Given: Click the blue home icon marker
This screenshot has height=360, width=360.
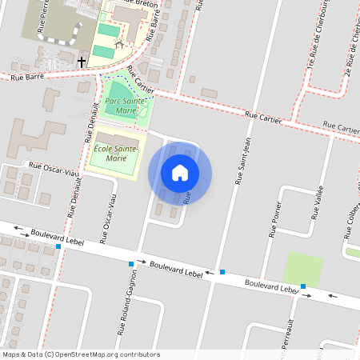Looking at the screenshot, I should click(x=180, y=173).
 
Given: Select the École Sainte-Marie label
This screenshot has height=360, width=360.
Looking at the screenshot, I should click(x=116, y=153).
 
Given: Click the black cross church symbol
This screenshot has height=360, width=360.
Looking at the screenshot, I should click(x=82, y=61).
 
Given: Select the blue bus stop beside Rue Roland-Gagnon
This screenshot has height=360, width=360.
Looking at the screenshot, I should click(x=131, y=263).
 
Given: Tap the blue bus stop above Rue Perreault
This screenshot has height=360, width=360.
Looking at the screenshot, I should click(x=303, y=286).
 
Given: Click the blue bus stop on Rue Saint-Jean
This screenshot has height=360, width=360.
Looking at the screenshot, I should click(x=222, y=272).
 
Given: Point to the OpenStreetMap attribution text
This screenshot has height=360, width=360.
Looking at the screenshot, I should click(x=81, y=354).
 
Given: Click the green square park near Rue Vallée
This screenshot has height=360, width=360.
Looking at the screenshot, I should click(x=303, y=269).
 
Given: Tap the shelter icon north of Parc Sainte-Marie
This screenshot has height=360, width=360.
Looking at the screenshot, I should click(x=119, y=44).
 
